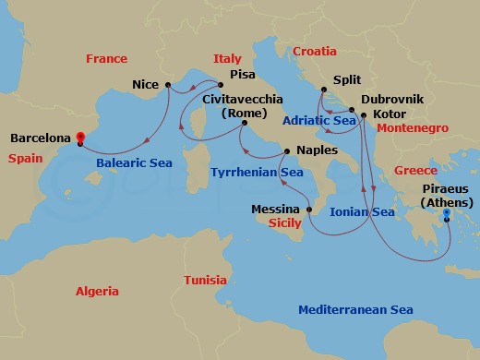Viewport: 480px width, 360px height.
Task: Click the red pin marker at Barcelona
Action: click(79, 138)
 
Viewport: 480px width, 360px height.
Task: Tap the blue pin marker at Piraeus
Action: click(447, 213)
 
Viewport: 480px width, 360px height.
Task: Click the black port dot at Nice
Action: click(168, 85)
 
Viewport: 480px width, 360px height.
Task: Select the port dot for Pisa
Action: click(220, 86)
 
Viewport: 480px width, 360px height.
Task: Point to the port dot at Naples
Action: click(287, 150)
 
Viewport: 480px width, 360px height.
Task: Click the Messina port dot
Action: click(309, 210)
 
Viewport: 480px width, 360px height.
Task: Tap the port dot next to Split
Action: click(324, 90)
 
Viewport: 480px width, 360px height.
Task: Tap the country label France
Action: click(106, 59)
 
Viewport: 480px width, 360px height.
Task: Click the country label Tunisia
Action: click(204, 280)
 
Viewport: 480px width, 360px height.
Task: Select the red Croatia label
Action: click(317, 52)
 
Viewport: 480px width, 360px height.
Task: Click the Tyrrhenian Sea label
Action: click(257, 172)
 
